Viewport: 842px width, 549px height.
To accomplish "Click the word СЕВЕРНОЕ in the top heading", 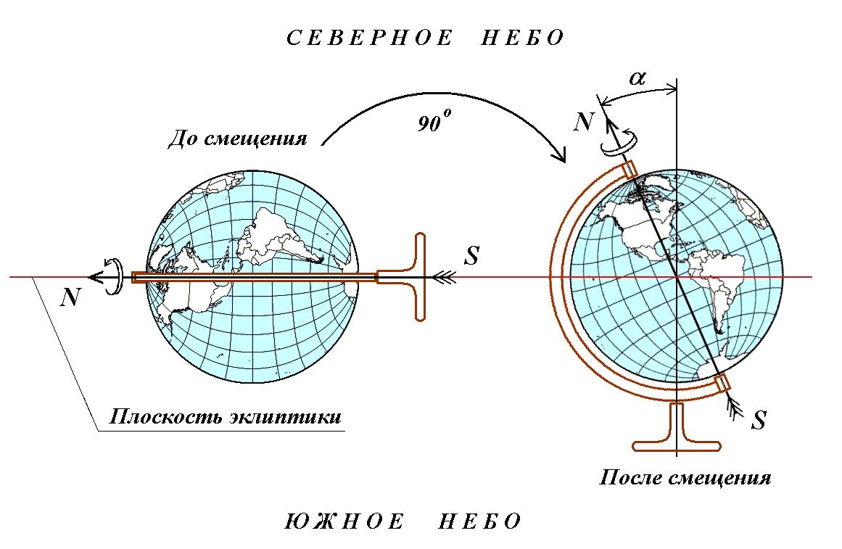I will [370, 38].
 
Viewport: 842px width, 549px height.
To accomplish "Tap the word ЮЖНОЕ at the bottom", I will [341, 521].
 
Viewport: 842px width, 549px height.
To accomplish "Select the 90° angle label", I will [433, 123].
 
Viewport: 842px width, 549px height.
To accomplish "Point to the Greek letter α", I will [637, 78].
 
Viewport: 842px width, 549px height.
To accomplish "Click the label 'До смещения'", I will [237, 138].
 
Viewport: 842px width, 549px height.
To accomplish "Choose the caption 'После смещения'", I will [685, 479].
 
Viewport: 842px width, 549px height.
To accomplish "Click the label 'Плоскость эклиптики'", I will [225, 418].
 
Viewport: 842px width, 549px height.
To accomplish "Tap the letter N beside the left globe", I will [70, 297].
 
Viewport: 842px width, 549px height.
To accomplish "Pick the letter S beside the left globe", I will [471, 256].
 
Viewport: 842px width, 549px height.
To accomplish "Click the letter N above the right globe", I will [583, 121].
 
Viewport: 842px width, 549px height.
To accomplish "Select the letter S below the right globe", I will [759, 421].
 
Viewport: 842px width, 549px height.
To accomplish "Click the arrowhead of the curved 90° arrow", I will [560, 156].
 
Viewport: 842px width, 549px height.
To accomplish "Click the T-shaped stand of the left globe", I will [421, 277].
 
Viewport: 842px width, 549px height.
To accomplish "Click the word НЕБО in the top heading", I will [522, 38].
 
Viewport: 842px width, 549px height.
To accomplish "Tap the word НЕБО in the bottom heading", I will [480, 521].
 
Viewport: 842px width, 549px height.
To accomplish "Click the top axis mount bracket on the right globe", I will [630, 169].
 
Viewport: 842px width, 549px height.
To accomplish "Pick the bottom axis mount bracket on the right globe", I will [722, 383].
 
